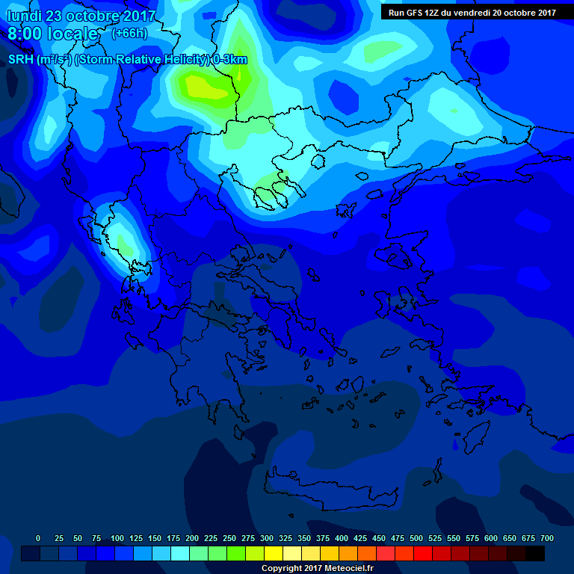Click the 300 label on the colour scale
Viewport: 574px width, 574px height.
click(x=267, y=538)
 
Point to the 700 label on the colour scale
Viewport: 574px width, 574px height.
click(x=547, y=538)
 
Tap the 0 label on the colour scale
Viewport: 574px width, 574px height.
click(x=38, y=538)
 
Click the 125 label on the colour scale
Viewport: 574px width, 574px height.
click(x=136, y=538)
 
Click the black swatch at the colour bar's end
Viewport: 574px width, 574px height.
click(x=535, y=553)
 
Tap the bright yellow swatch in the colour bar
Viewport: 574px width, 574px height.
click(x=274, y=553)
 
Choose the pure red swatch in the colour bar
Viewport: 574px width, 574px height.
click(x=423, y=553)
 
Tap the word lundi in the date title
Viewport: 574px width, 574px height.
click(x=24, y=16)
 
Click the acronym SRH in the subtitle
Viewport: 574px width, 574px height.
click(x=20, y=60)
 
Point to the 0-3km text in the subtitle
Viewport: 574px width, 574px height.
click(x=230, y=60)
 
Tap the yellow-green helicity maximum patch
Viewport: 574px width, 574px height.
click(x=202, y=88)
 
